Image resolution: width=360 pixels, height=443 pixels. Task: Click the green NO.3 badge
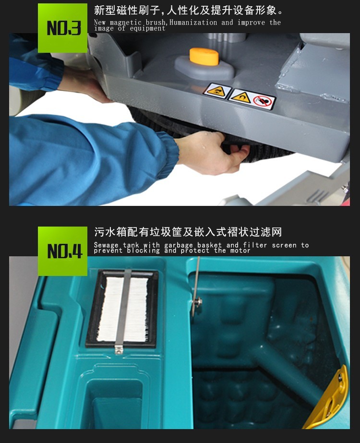tap(62, 28)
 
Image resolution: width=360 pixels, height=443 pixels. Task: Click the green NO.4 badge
tap(62, 251)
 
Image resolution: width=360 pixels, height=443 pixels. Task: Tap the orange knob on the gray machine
tap(204, 56)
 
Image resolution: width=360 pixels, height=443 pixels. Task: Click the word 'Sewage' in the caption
tap(106, 245)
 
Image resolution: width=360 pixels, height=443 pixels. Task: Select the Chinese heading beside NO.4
tap(188, 233)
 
